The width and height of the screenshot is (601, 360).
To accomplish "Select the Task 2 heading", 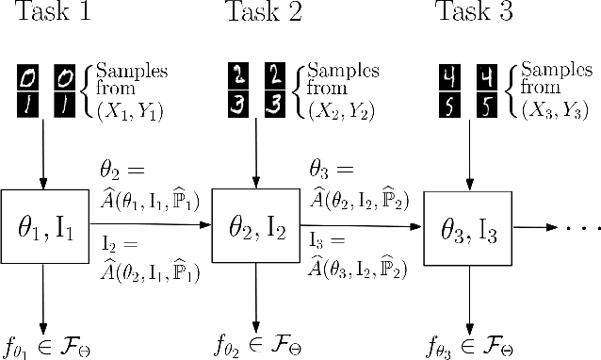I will (x=264, y=12).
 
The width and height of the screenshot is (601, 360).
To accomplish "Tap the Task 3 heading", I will (x=473, y=12).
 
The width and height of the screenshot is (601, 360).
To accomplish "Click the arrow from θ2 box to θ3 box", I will (x=361, y=226).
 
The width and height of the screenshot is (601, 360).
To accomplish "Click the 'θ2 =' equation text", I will (x=123, y=172).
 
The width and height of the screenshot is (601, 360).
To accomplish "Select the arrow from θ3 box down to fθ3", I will (x=468, y=297).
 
